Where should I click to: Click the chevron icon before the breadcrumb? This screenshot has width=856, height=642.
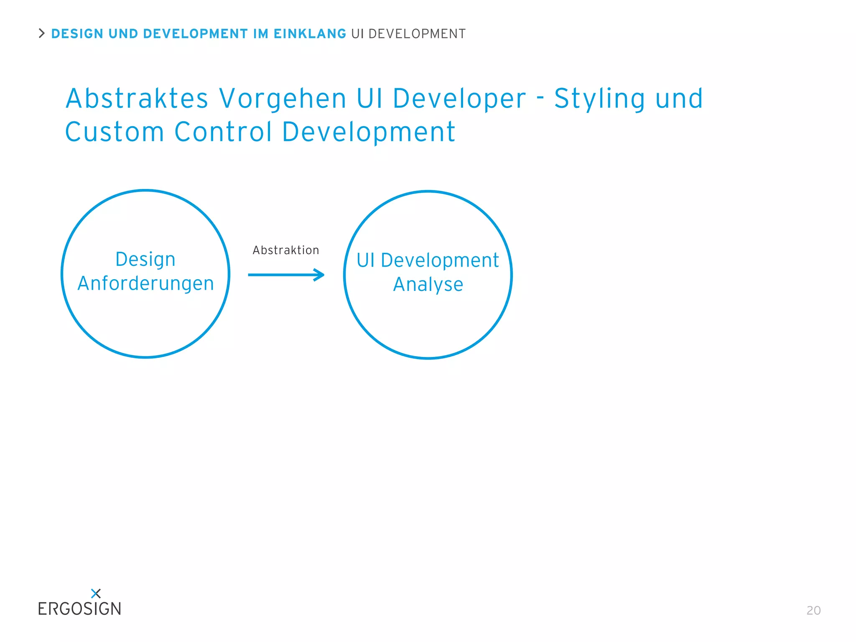[41, 33]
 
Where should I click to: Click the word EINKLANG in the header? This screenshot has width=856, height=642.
[310, 34]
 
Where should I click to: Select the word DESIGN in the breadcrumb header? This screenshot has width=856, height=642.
[77, 34]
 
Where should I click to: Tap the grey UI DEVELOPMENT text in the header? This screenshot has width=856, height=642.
[408, 34]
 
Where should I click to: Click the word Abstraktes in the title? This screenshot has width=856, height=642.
[137, 99]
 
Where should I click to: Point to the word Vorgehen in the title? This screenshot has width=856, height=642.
[283, 99]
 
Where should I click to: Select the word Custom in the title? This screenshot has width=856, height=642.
[115, 132]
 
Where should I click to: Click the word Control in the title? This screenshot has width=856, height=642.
[223, 132]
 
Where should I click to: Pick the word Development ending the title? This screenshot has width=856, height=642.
[369, 132]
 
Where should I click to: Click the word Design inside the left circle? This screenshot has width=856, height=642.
[145, 259]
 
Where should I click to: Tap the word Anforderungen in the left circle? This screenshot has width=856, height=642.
[145, 283]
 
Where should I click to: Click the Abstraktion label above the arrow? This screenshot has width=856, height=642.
[286, 250]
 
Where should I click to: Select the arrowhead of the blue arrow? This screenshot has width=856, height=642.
[320, 275]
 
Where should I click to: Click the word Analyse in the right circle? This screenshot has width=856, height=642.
[428, 285]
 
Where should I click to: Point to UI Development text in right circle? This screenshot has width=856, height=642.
[428, 260]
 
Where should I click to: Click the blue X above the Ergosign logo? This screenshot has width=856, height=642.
[96, 593]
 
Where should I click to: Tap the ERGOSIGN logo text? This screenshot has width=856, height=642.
[79, 609]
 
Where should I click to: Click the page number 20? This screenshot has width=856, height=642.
[813, 610]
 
